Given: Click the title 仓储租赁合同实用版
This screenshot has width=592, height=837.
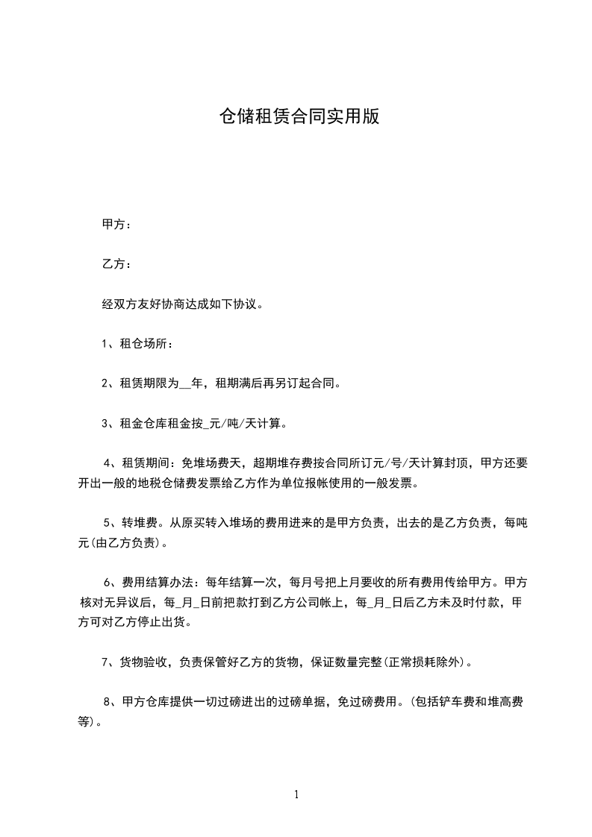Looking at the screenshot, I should [x=299, y=116].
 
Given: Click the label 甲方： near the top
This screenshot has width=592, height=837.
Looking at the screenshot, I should [x=117, y=224].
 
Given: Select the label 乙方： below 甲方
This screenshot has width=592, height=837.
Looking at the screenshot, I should [x=117, y=264].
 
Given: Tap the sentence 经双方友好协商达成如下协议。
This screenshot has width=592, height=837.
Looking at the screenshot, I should [x=182, y=304].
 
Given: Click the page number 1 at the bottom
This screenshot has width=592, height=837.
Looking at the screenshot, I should [x=296, y=795].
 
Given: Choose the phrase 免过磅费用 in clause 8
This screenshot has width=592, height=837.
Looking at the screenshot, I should [x=370, y=702].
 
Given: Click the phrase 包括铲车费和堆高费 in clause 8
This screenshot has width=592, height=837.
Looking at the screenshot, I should [x=470, y=702].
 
